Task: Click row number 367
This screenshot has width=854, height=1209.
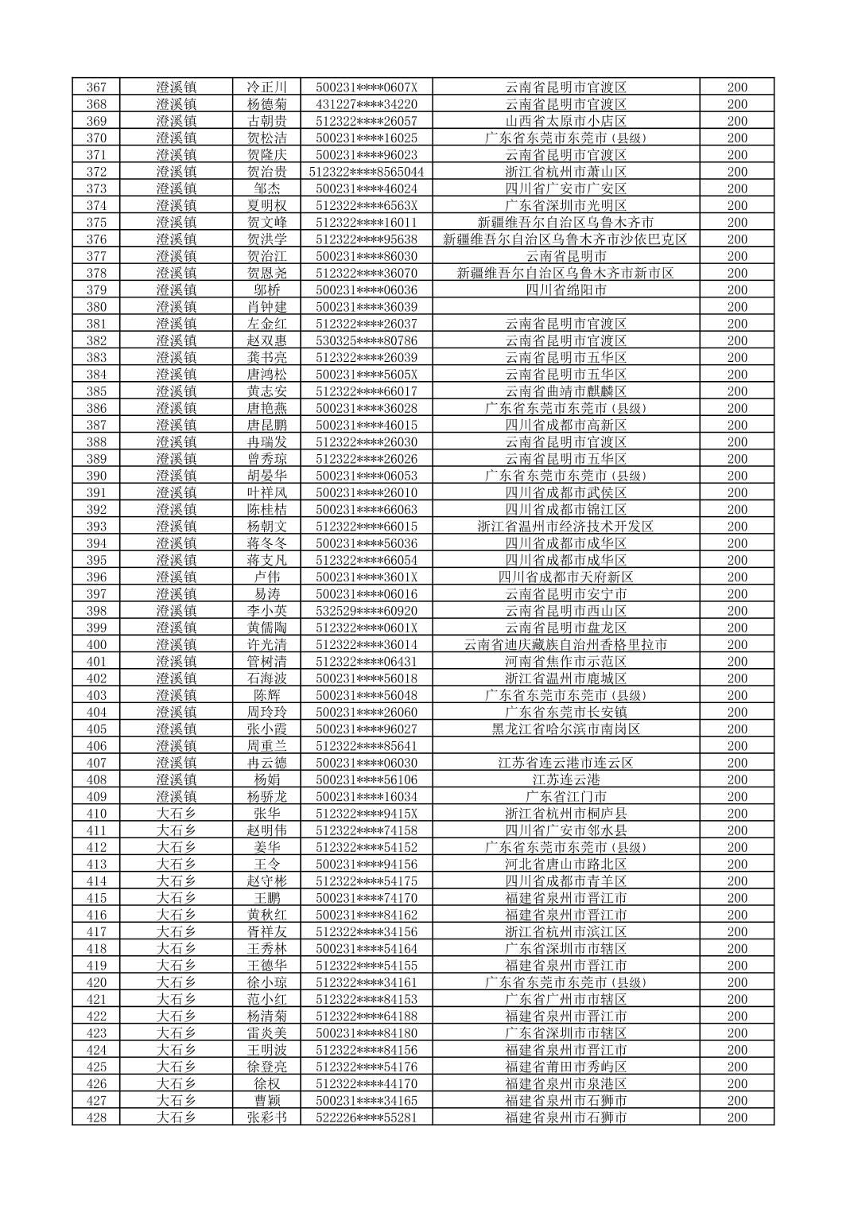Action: point(96,87)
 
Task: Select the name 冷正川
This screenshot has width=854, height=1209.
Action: point(267,87)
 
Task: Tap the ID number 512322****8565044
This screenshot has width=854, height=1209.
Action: point(367,172)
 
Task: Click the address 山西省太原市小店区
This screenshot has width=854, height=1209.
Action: point(566,121)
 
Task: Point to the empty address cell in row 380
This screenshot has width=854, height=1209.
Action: point(566,307)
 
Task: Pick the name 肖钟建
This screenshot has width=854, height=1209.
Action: point(267,307)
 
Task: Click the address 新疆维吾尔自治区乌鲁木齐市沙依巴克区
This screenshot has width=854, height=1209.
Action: point(566,239)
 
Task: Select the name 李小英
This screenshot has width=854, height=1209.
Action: point(267,611)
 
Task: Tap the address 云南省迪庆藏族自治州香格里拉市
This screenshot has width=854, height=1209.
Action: point(566,645)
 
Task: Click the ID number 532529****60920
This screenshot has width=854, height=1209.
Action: point(367,611)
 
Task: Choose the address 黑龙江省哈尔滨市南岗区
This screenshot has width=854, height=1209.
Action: point(566,729)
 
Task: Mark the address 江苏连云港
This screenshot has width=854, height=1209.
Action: point(566,779)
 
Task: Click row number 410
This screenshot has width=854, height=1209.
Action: point(96,814)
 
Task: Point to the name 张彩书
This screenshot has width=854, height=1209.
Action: point(267,1118)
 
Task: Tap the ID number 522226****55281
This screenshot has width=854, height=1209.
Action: point(367,1118)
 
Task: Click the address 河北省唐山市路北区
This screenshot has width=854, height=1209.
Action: point(566,864)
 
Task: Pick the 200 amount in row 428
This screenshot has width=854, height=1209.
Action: point(737,1118)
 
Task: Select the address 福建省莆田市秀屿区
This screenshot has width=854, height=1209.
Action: point(566,1067)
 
